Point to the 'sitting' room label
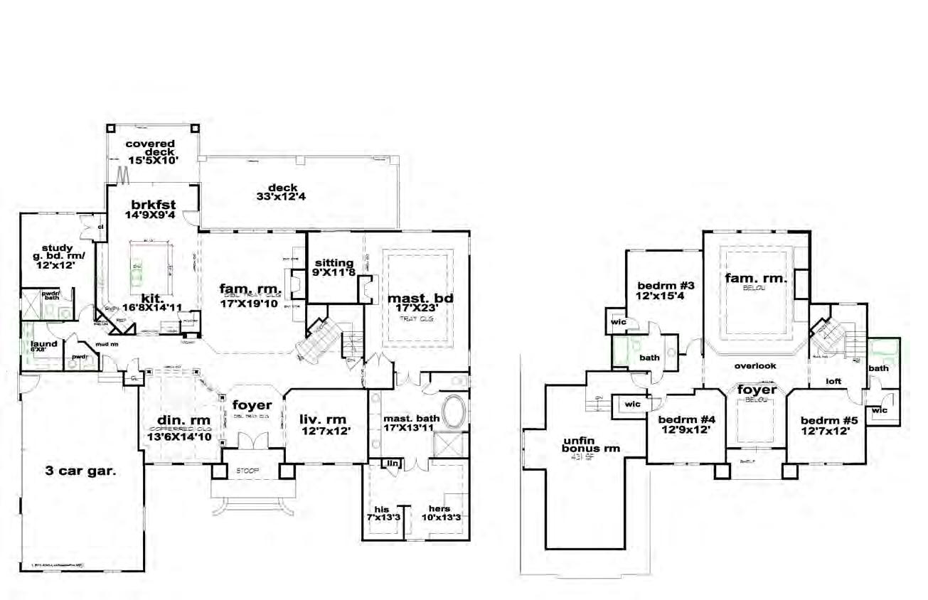click(x=333, y=262)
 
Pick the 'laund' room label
click(x=43, y=344)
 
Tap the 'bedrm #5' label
click(x=829, y=419)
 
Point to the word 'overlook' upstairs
click(x=755, y=365)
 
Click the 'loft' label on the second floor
click(x=833, y=381)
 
